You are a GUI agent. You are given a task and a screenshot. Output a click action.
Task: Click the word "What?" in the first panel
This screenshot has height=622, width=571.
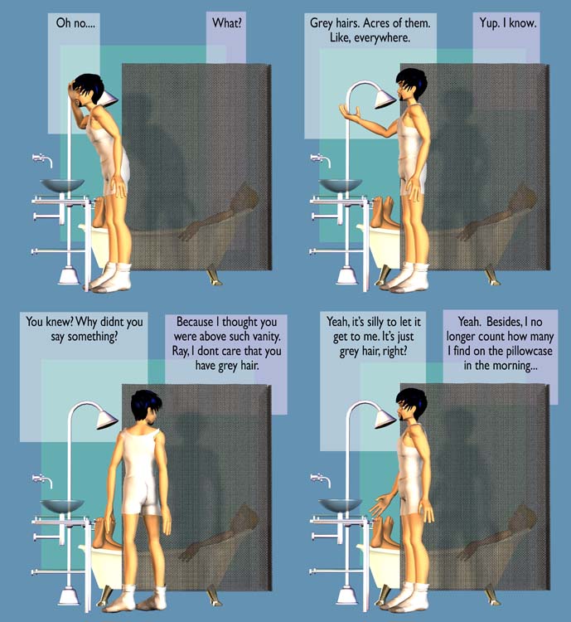[x=226, y=23]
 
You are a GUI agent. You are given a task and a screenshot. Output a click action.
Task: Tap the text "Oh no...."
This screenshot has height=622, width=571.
[x=75, y=23]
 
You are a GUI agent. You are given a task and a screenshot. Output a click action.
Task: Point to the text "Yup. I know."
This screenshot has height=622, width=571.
[x=508, y=23]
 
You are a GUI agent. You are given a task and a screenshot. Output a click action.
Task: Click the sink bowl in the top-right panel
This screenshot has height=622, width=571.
[x=341, y=185]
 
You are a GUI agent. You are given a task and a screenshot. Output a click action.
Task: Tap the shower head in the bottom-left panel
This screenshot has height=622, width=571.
[x=107, y=420]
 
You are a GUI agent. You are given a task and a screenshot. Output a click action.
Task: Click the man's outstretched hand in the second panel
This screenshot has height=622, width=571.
[x=350, y=112]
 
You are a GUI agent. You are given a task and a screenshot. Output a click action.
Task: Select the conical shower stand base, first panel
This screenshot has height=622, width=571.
[x=70, y=275]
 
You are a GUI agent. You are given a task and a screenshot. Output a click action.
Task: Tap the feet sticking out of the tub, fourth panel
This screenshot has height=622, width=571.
[x=385, y=531]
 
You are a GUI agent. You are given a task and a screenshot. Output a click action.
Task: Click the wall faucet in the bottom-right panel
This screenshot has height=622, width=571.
[x=321, y=479]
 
